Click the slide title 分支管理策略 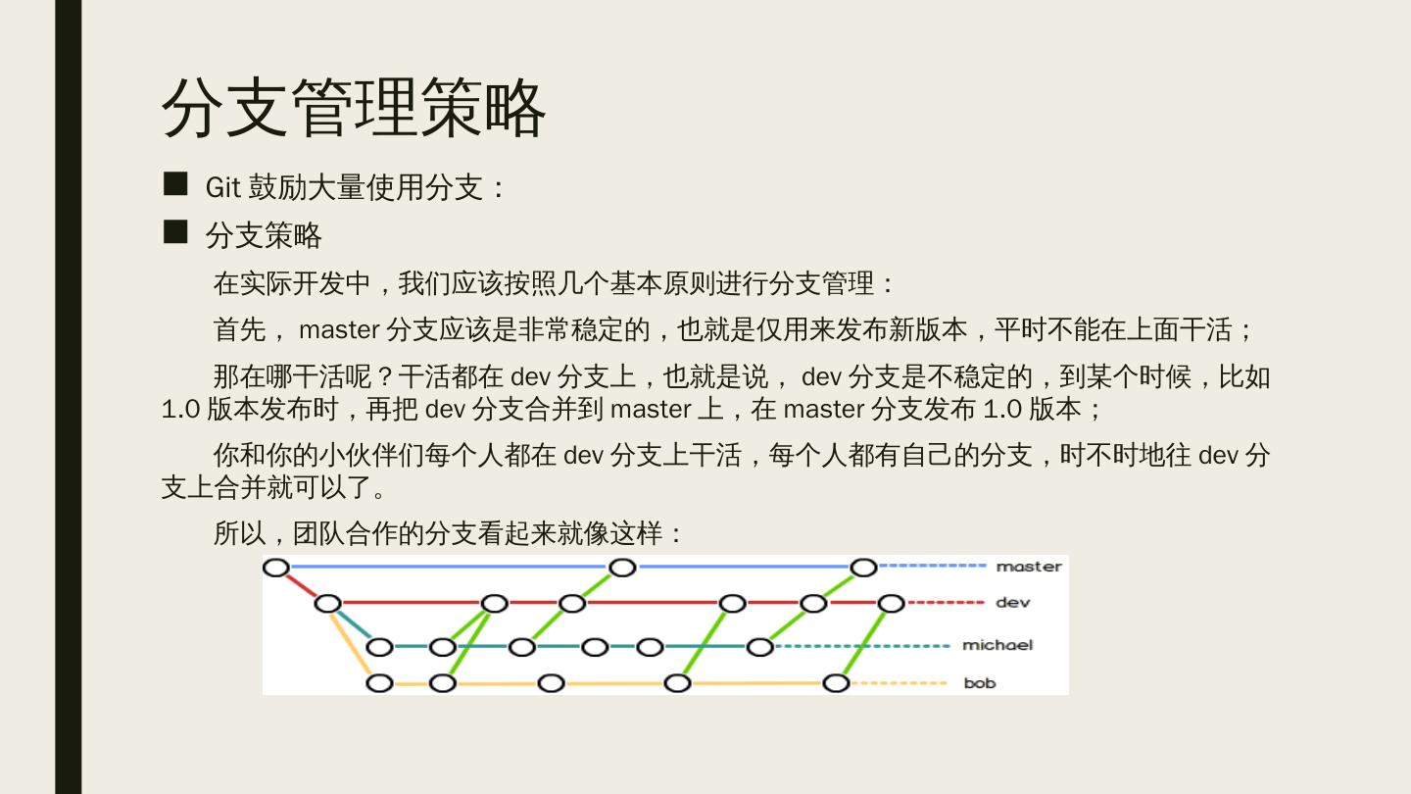click(x=353, y=108)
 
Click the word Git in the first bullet click(x=222, y=187)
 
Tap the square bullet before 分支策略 click(x=175, y=232)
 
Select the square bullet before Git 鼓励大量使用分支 click(x=175, y=183)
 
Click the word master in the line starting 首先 click(x=339, y=330)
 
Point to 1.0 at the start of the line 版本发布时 click(x=180, y=409)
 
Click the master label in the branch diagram click(x=1029, y=567)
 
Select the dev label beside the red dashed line click(x=1012, y=603)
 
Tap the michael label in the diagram click(x=997, y=645)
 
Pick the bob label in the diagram click(x=980, y=683)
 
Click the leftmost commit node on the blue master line click(x=276, y=568)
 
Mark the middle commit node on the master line click(x=622, y=568)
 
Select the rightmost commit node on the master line click(x=863, y=568)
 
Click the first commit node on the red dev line click(x=328, y=603)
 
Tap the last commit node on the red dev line click(x=891, y=603)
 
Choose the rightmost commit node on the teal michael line click(x=759, y=647)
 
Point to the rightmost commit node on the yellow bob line click(x=836, y=683)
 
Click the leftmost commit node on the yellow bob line click(x=379, y=683)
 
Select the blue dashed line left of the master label click(x=932, y=567)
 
